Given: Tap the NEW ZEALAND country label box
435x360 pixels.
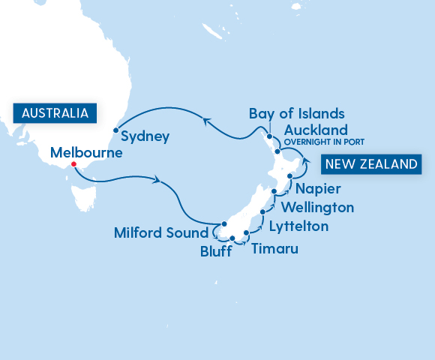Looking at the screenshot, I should [x=370, y=163].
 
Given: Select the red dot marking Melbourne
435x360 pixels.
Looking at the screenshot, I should [x=73, y=165].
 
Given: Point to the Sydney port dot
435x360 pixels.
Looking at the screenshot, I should [x=115, y=130].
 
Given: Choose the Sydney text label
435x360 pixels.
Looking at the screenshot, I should [x=145, y=137].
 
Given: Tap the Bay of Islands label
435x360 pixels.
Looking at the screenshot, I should [x=297, y=114].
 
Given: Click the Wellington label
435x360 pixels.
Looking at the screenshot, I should [x=316, y=206].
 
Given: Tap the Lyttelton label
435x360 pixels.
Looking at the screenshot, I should [x=298, y=225].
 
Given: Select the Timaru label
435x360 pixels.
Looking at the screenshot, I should [x=274, y=248].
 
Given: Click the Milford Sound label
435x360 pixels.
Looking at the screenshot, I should [x=160, y=232].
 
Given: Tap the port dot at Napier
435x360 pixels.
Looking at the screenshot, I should [x=289, y=175].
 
